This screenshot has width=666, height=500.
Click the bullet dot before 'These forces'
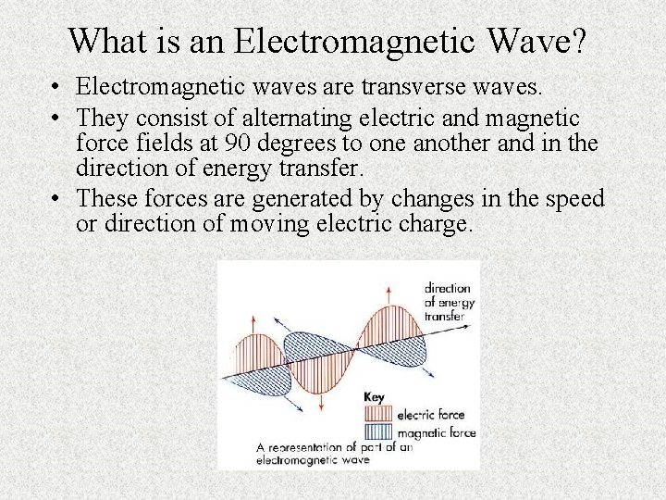[57, 199]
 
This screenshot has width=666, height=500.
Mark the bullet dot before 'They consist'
[57, 119]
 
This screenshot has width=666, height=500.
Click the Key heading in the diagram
[374, 397]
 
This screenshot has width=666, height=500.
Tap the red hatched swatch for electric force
[379, 414]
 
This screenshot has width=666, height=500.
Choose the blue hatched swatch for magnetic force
[379, 431]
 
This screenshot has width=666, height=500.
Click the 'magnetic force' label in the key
[436, 432]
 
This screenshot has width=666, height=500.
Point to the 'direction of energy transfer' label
[447, 302]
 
